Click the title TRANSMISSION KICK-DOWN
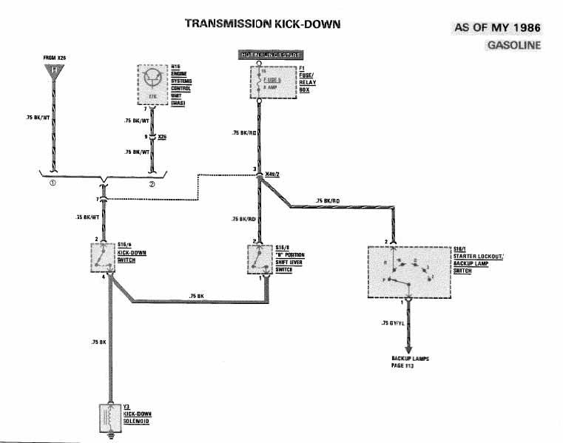[x=263, y=24]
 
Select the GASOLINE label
[x=513, y=45]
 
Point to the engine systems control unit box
[x=154, y=85]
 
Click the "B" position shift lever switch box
[x=258, y=260]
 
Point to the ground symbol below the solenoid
[x=110, y=436]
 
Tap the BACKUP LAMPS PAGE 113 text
[x=410, y=362]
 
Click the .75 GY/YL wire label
[x=393, y=323]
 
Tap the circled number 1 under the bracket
[x=53, y=185]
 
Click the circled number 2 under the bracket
[x=152, y=185]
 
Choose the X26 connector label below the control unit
[x=162, y=136]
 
